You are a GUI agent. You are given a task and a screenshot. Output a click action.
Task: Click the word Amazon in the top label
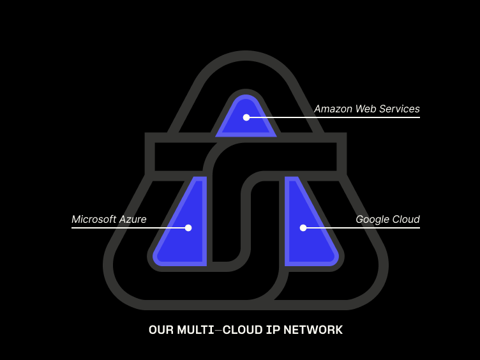point(333,109)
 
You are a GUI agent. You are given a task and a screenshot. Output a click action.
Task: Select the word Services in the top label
point(400,109)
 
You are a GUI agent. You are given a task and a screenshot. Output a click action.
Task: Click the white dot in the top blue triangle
point(246,117)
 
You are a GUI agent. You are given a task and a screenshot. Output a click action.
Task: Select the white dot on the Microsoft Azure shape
point(188,228)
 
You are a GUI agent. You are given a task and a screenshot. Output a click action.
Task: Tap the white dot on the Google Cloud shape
point(303,228)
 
